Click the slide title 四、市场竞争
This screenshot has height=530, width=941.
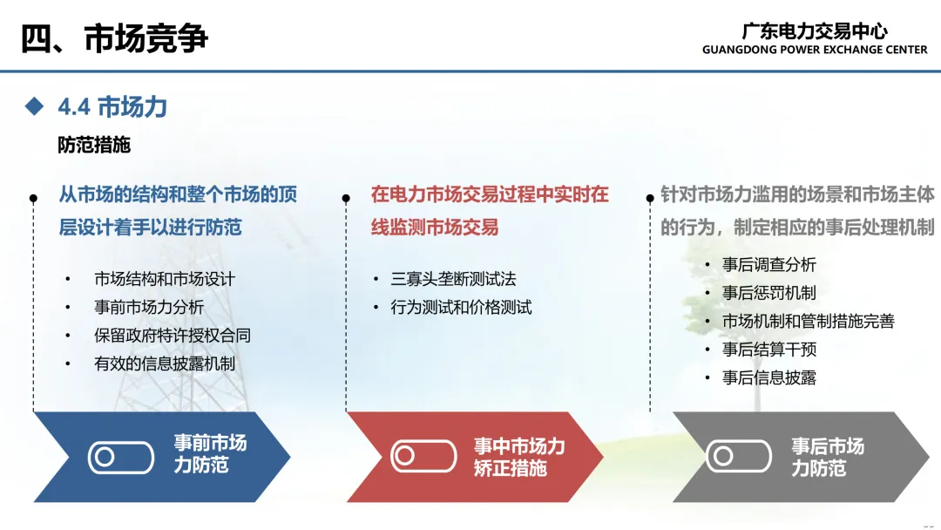point(115,38)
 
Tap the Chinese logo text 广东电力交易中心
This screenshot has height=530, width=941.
point(815,31)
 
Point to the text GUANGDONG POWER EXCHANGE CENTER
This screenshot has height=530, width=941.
point(815,50)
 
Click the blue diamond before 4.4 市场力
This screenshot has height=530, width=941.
point(34,106)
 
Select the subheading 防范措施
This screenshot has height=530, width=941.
point(94,145)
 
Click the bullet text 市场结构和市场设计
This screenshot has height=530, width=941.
point(165,279)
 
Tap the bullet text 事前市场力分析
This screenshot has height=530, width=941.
point(149,308)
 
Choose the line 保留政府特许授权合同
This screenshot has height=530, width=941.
point(173,336)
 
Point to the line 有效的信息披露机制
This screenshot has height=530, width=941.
point(165,364)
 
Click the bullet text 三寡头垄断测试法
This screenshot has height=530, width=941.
point(453,279)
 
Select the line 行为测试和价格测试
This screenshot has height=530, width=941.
point(461,308)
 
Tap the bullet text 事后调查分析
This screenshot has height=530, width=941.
point(769,265)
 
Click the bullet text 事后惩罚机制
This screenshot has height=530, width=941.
point(769,293)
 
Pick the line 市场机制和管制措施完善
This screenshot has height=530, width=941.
point(809,321)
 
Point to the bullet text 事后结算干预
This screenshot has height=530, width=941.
point(769,350)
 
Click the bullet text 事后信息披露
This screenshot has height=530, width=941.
point(769,377)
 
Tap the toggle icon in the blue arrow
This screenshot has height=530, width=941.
point(120,458)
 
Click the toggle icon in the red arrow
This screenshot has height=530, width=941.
point(423,456)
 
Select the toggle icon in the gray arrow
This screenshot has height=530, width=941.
point(739,456)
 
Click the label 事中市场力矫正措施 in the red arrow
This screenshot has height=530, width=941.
point(519,457)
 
